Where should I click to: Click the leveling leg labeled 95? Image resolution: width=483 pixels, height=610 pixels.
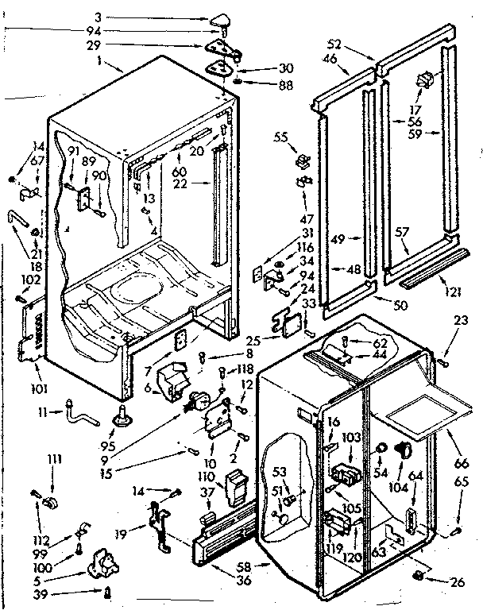[124, 413]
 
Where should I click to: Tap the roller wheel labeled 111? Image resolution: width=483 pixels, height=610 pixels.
[54, 502]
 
